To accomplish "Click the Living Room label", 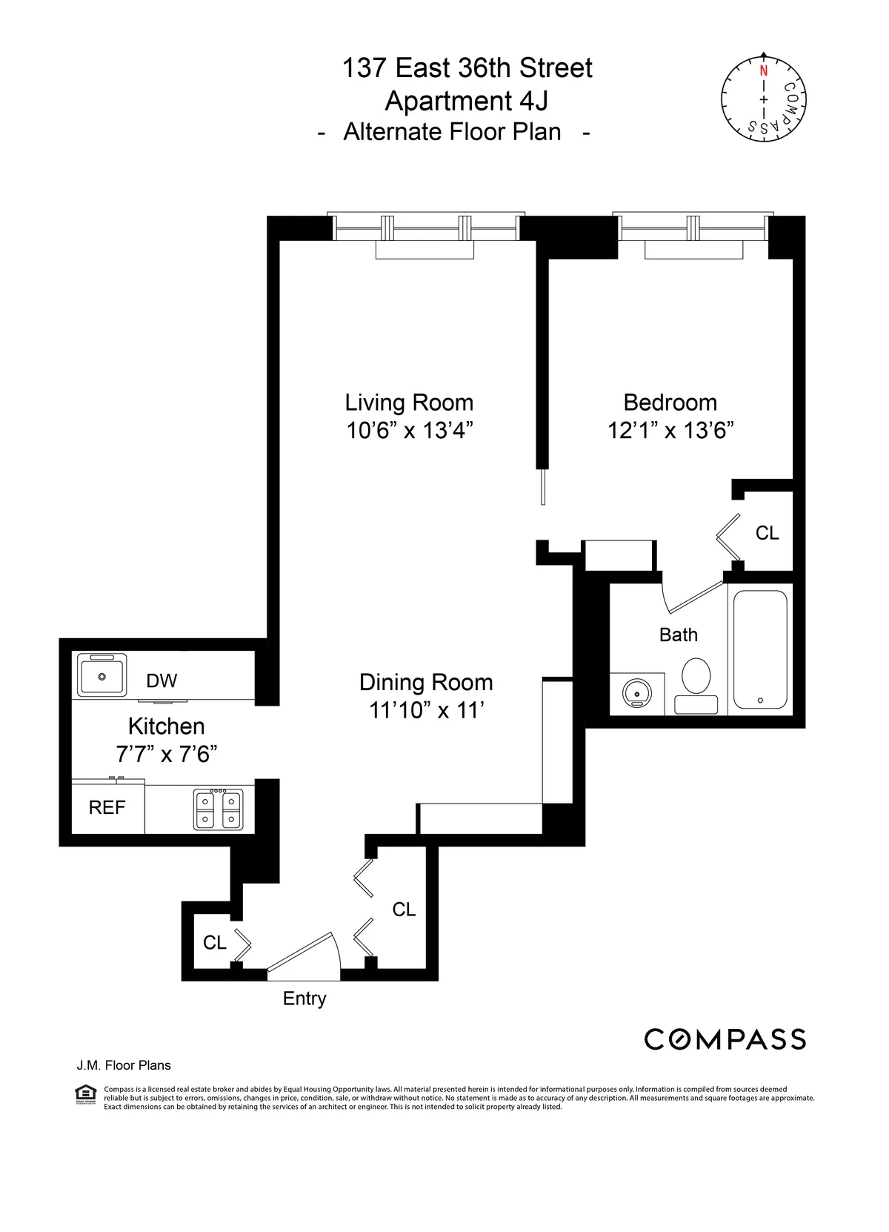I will coord(409,403).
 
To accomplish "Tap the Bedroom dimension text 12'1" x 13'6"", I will coord(670,431).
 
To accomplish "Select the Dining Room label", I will coord(426,682).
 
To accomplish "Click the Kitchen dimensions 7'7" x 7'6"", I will coord(167,755).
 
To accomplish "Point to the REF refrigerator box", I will coord(107,807).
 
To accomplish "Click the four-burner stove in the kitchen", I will coord(218,809).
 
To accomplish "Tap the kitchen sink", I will coord(102,675).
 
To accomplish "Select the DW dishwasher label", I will coord(162,680).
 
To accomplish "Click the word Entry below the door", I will coord(304,998).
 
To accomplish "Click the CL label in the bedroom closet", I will coord(767,533).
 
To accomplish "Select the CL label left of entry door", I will coord(214,942).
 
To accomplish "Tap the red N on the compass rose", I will coord(763,72).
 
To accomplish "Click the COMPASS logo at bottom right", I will coord(725,1039).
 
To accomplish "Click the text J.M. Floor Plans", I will coord(124,1065).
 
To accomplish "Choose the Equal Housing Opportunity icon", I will coord(86,1094).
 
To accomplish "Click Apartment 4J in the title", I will coord(467,101).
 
